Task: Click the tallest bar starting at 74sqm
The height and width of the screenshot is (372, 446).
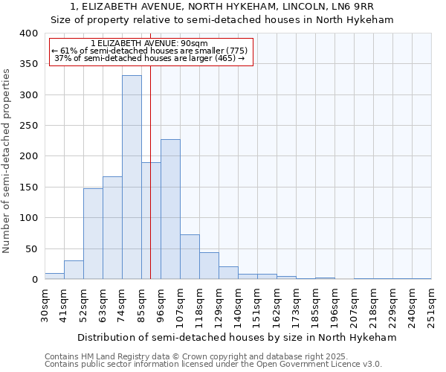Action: pos(132,177)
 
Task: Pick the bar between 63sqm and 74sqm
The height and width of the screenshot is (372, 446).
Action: pos(112,228)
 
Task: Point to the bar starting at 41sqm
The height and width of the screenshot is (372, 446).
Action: pos(74,270)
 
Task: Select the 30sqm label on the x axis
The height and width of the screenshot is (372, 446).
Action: pos(45,304)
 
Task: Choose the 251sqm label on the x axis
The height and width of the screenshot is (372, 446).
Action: pos(431,304)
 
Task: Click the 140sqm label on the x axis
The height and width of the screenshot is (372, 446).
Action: pos(238,304)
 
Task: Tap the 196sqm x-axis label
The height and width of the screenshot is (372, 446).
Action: pos(334,304)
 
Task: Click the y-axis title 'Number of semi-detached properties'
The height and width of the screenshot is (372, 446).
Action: pos(7,160)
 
